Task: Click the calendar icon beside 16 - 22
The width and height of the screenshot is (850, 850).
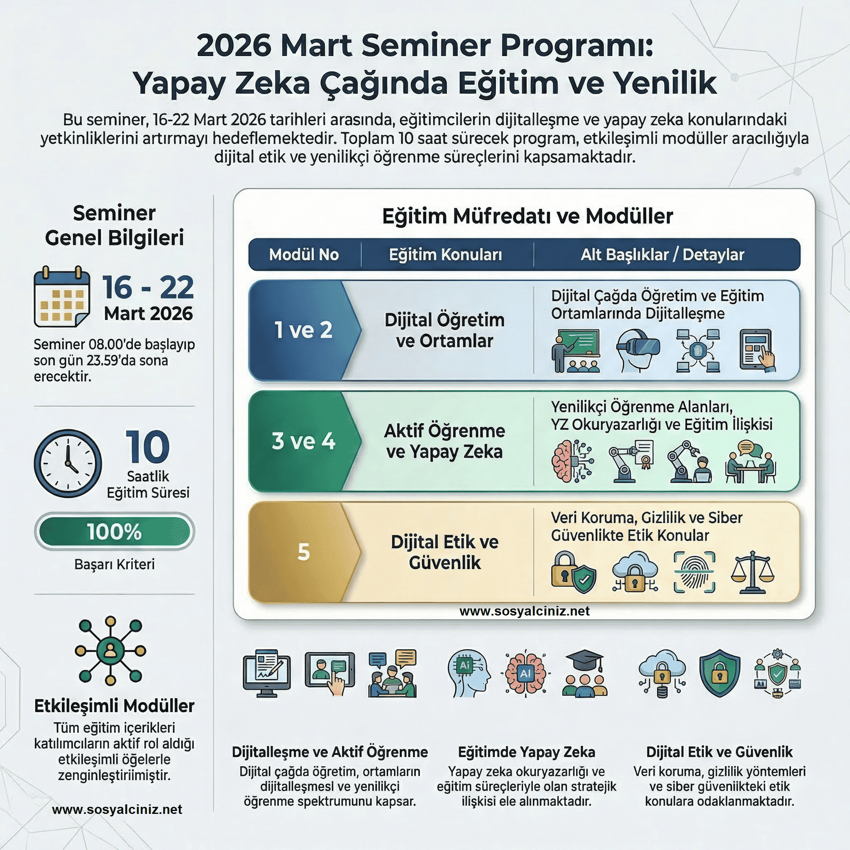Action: click(x=62, y=296)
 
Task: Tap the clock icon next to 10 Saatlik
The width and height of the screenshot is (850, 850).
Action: click(x=68, y=463)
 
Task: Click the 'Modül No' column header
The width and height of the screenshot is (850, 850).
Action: click(x=304, y=254)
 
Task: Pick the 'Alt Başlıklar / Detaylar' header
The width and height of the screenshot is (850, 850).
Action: click(x=662, y=254)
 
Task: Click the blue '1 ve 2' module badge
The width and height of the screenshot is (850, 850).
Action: click(x=304, y=330)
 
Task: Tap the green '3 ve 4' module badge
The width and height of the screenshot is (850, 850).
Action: click(x=304, y=441)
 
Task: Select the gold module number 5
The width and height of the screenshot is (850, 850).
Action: click(x=304, y=552)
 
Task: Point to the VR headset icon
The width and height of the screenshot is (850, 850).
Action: click(x=637, y=351)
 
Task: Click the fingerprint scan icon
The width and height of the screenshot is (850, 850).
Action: click(x=694, y=572)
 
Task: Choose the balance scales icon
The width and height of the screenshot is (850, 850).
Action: click(x=752, y=572)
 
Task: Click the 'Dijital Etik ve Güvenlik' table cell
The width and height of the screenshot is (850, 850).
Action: click(x=445, y=552)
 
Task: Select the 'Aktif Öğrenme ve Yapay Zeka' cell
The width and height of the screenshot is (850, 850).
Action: click(x=445, y=441)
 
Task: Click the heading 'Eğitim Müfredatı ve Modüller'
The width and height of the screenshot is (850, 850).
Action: click(x=528, y=216)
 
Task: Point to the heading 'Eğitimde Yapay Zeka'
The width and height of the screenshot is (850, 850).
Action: click(x=527, y=752)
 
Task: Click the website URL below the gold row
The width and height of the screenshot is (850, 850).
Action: click(x=525, y=611)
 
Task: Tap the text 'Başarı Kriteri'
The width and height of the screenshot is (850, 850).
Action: click(x=115, y=564)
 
